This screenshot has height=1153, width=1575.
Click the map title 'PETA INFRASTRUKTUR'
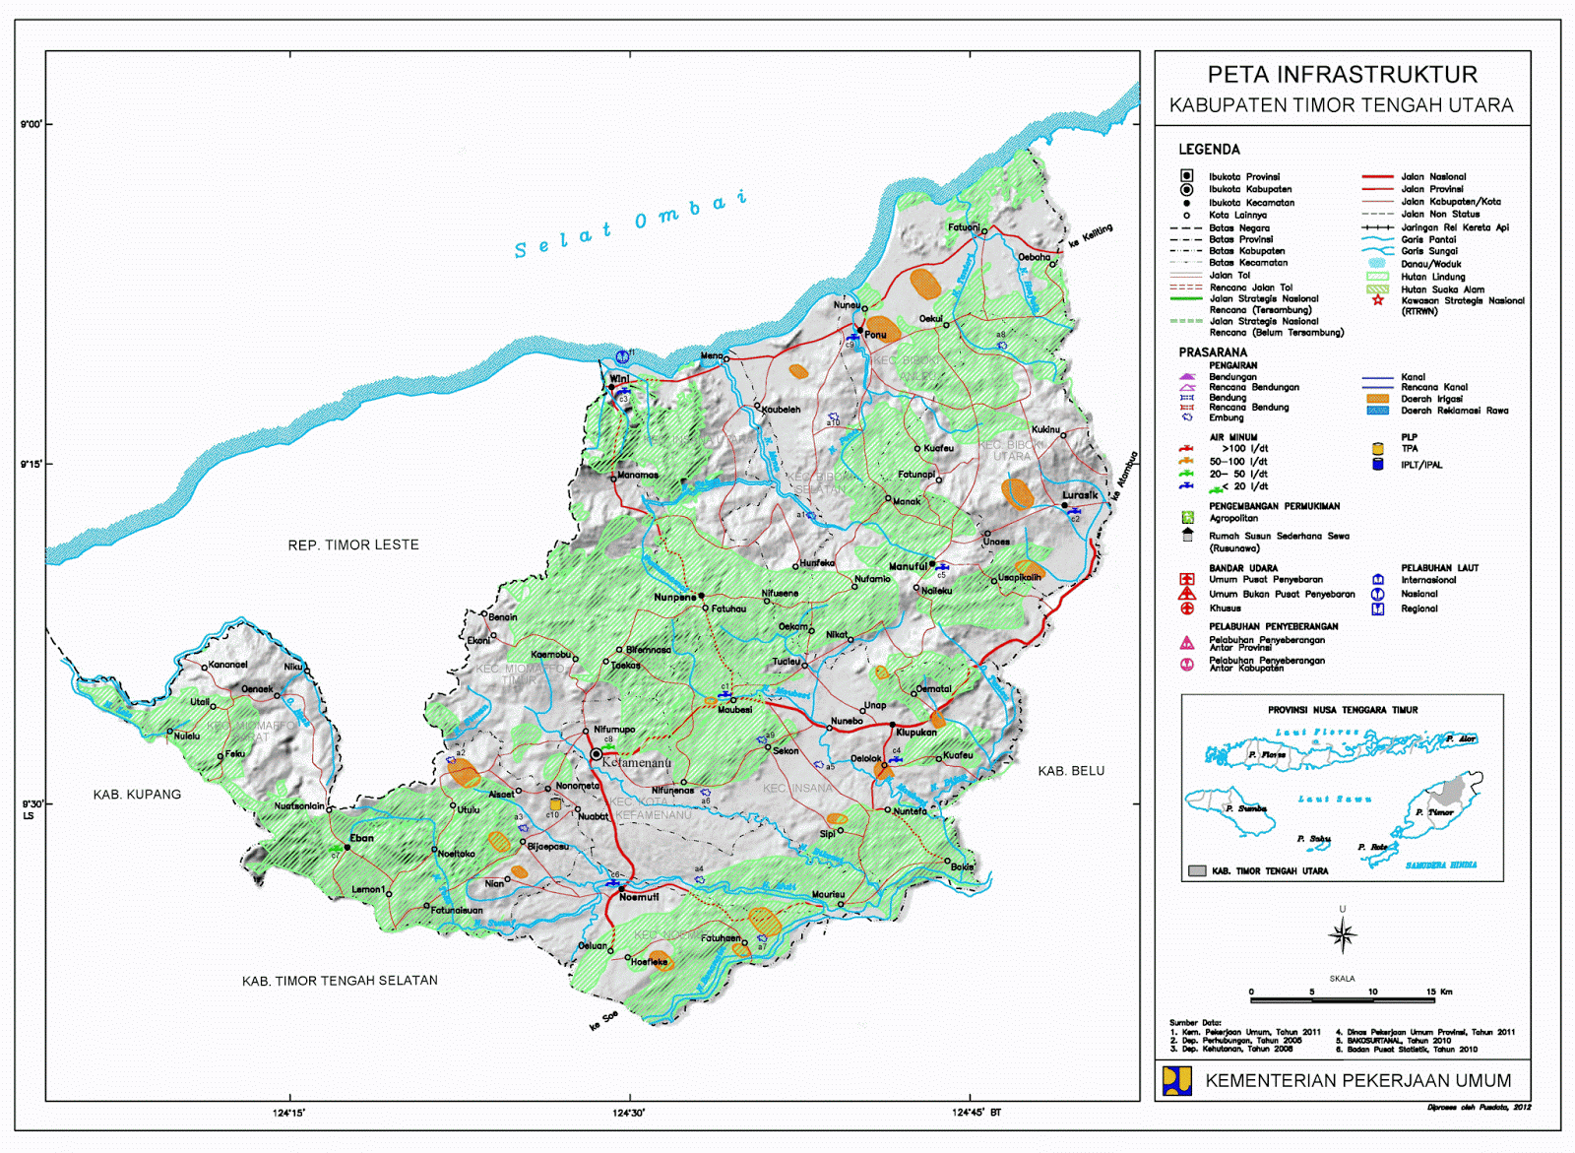[x=1342, y=75]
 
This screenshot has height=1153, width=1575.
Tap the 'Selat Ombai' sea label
[x=630, y=223]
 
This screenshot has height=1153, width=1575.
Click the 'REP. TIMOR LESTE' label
[x=353, y=544]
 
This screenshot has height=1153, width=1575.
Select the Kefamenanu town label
[x=636, y=762]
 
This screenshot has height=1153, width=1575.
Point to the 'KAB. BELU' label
[x=1071, y=771]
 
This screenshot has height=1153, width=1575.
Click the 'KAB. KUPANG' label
[x=137, y=794]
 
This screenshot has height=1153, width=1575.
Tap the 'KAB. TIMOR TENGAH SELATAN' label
[x=340, y=981]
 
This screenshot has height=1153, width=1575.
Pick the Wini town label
[x=619, y=378]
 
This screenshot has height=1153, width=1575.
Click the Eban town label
[x=361, y=838]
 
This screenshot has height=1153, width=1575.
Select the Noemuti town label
[x=639, y=897]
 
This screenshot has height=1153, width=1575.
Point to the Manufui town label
[x=908, y=566]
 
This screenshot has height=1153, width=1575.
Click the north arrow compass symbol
[x=1343, y=934]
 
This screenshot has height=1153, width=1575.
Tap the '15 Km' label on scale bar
[x=1439, y=992]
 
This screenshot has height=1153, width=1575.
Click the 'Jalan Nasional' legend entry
[x=1433, y=176]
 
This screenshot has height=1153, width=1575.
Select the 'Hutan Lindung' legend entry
[x=1433, y=277]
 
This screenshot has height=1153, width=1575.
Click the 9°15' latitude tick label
[x=31, y=464]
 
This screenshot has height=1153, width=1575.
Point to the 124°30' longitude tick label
[x=629, y=1113]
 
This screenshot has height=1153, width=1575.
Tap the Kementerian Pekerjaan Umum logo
[x=1177, y=1080]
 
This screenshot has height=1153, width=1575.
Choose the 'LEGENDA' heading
[x=1209, y=150]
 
